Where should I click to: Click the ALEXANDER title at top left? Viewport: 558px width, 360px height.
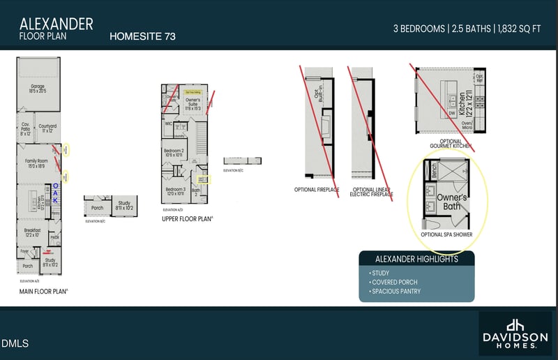point(56,24)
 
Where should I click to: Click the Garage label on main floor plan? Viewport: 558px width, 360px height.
point(37,89)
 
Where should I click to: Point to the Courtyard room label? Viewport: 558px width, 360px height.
point(47,128)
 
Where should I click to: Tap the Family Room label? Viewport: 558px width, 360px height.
point(35,163)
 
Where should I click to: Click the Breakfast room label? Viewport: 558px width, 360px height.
point(33,232)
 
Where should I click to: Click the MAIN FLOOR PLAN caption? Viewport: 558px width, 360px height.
point(43,291)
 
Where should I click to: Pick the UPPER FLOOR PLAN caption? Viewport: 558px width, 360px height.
point(187,218)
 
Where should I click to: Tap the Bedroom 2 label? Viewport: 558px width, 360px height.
point(174,153)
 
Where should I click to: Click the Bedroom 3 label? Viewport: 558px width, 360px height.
point(175,190)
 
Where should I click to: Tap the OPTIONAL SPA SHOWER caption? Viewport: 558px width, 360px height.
point(446,234)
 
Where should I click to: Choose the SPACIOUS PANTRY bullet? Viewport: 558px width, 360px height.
point(397,292)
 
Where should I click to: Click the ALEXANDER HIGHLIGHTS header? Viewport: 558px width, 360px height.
point(416,259)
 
